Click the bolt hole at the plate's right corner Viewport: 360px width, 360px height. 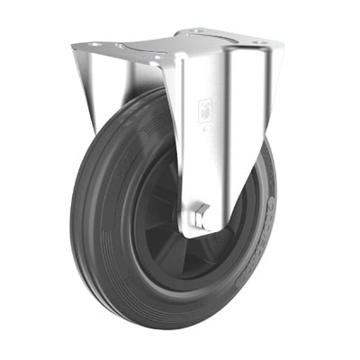(264, 42)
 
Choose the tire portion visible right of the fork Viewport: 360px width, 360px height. (270, 207)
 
